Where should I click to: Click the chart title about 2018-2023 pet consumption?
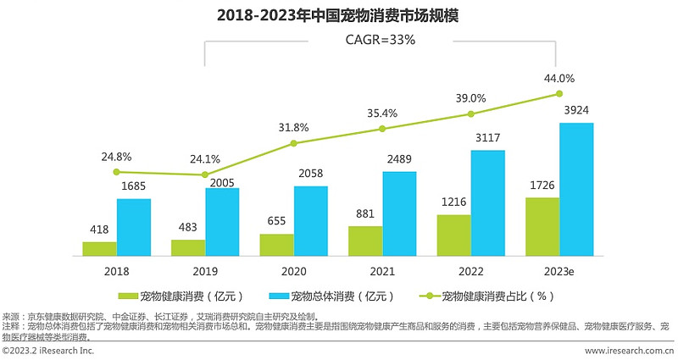click(x=338, y=15)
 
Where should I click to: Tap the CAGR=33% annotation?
click(x=380, y=40)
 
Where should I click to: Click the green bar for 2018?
click(x=99, y=248)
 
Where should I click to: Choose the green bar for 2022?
click(x=453, y=235)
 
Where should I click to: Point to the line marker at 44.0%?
click(x=559, y=94)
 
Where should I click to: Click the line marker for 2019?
click(x=205, y=174)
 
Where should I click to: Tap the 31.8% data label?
click(x=293, y=128)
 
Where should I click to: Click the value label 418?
click(x=99, y=229)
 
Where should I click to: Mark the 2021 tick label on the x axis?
click(x=382, y=272)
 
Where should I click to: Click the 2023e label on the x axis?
click(x=559, y=272)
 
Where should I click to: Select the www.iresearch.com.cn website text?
click(x=630, y=351)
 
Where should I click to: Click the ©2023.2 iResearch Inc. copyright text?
click(x=47, y=351)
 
